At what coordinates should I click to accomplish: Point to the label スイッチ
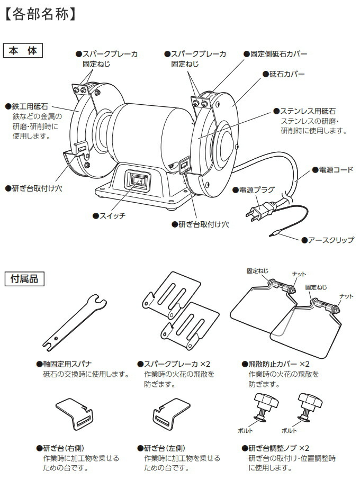tap(112, 216)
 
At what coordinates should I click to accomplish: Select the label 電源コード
tap(336, 170)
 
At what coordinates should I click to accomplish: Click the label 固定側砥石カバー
tap(278, 54)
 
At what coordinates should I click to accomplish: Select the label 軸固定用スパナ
tap(67, 364)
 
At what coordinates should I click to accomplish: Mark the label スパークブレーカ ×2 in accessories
tap(177, 364)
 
